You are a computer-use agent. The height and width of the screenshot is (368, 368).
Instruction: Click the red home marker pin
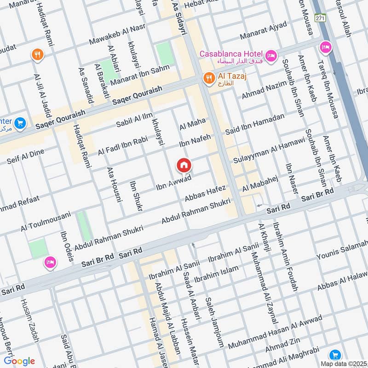[x=184, y=165]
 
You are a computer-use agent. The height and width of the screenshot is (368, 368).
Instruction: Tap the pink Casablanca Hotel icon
[x=271, y=56]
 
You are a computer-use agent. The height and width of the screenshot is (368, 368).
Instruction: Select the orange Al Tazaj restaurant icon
[x=209, y=78]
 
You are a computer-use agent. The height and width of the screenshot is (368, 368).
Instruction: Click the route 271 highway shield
[x=320, y=17]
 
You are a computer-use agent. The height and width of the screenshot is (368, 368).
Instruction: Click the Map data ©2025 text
[x=343, y=363]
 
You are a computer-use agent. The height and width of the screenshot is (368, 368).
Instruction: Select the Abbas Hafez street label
[x=205, y=194]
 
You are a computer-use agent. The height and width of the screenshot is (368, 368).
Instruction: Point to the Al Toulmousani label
[x=46, y=221]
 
